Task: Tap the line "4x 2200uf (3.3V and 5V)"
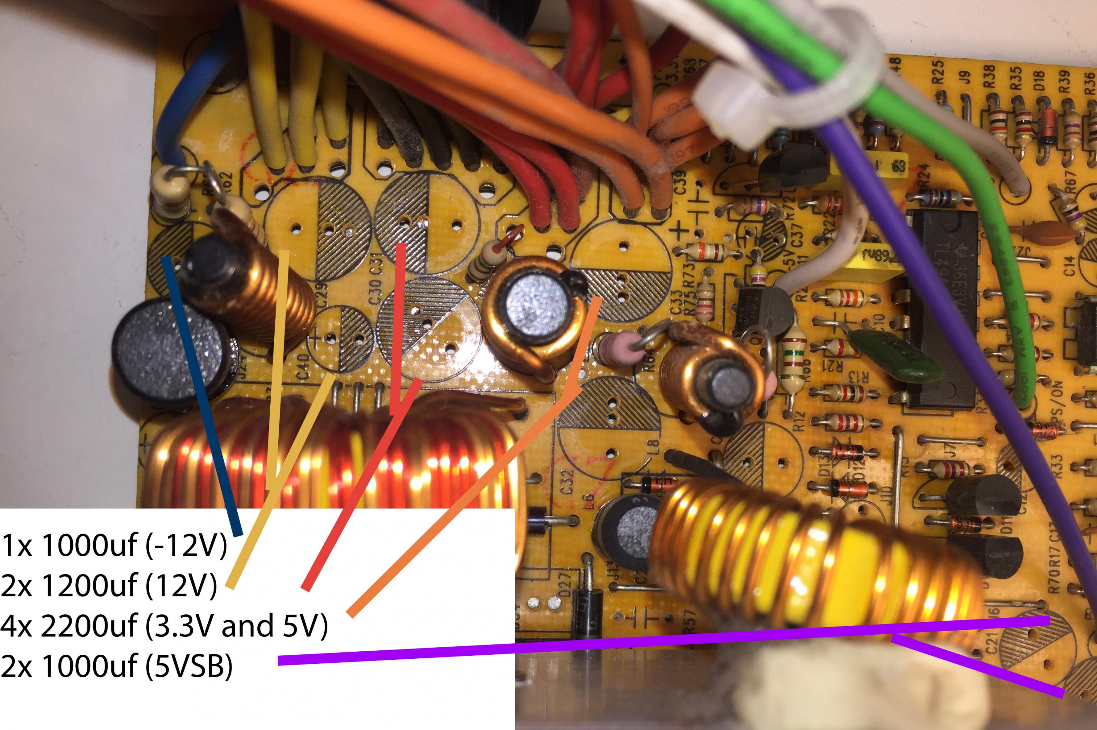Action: [x=164, y=625]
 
